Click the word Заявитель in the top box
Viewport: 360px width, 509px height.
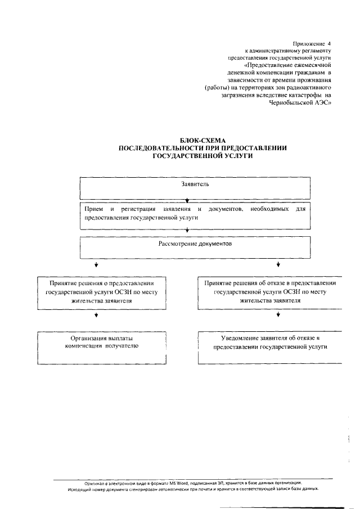[x=195, y=184]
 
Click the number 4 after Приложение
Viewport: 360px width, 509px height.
[x=330, y=43]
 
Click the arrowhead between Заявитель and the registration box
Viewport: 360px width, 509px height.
[x=187, y=200]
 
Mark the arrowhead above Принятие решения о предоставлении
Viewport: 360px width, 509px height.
[x=96, y=264]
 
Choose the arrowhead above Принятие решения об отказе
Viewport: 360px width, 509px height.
[x=277, y=264]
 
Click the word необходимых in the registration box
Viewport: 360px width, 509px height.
[x=269, y=209]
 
